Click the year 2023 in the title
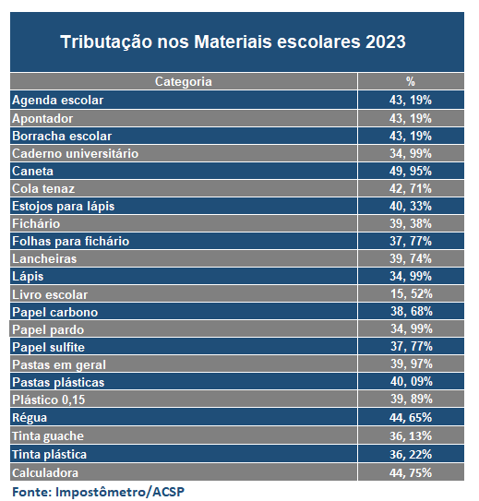pyautogui.click(x=386, y=42)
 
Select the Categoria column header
pyautogui.click(x=184, y=82)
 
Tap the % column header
pyautogui.click(x=411, y=81)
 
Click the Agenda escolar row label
pyautogui.click(x=57, y=100)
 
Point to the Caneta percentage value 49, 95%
pyautogui.click(x=411, y=171)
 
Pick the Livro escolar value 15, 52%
pyautogui.click(x=412, y=293)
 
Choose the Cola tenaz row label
pyautogui.click(x=43, y=188)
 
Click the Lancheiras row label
pyautogui.click(x=44, y=259)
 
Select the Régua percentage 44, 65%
pyautogui.click(x=411, y=417)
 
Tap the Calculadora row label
pyautogui.click(x=45, y=473)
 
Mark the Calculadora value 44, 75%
pyautogui.click(x=411, y=473)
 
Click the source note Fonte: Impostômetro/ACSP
pyautogui.click(x=99, y=492)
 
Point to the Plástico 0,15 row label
pyautogui.click(x=49, y=400)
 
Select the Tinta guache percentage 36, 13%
pyautogui.click(x=411, y=435)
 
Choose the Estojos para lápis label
pyautogui.click(x=64, y=207)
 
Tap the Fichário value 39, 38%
pyautogui.click(x=411, y=223)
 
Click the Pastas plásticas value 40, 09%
pyautogui.click(x=412, y=381)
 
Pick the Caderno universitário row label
pyautogui.click(x=75, y=154)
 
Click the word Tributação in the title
pyautogui.click(x=106, y=42)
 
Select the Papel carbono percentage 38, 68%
pyautogui.click(x=412, y=311)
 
